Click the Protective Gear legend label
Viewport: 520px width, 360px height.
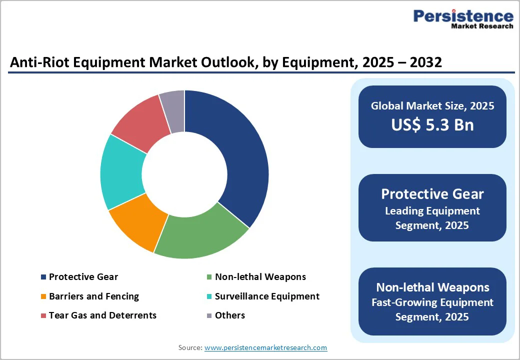point(83,277)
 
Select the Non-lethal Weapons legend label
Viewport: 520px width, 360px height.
point(260,277)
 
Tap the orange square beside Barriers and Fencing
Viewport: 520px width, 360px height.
point(43,296)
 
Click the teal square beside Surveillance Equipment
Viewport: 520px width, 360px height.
point(209,296)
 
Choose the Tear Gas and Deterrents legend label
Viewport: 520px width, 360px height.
point(102,315)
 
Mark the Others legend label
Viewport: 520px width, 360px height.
point(230,315)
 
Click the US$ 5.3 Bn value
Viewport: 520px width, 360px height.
point(432,124)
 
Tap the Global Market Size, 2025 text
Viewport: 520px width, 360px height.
point(432,106)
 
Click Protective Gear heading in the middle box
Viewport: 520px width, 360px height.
point(432,194)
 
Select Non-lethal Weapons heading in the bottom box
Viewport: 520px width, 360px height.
point(432,287)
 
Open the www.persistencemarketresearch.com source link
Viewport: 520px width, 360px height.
point(265,347)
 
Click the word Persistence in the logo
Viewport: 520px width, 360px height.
point(463,16)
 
